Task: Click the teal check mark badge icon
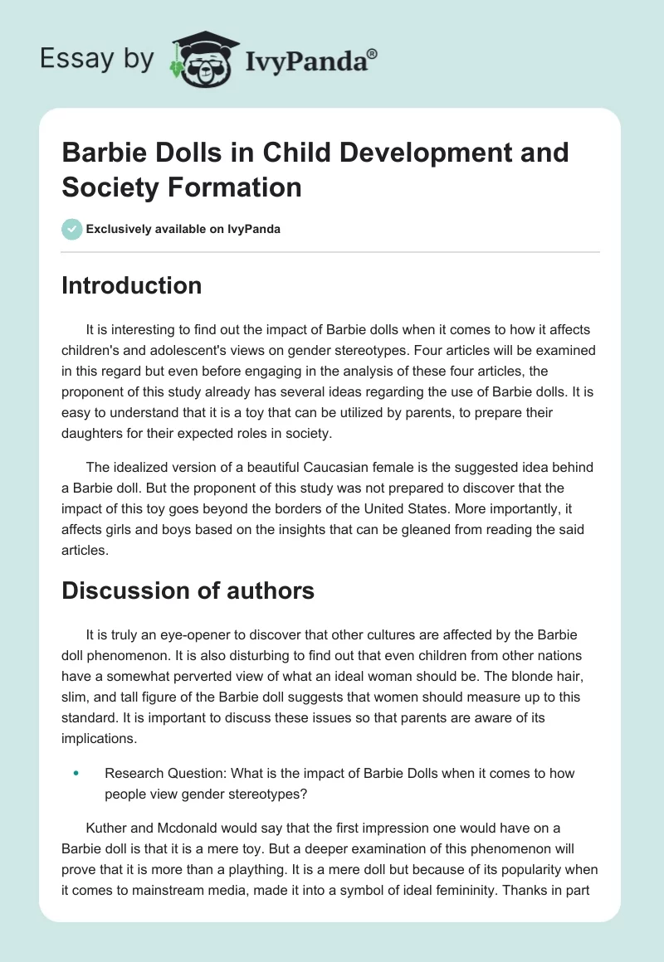click(72, 229)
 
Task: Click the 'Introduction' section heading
click(131, 285)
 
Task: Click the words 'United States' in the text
click(460, 510)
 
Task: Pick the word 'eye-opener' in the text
click(218, 634)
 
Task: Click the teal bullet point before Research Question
click(76, 773)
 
